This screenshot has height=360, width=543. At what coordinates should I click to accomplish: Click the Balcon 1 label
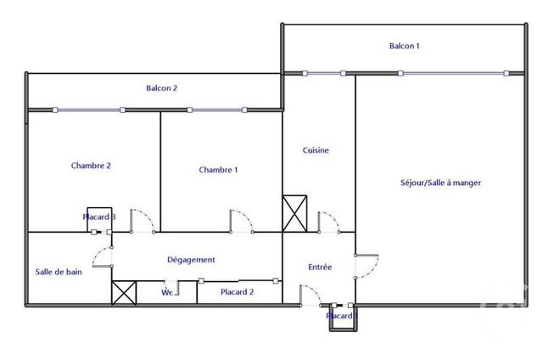(x=404, y=46)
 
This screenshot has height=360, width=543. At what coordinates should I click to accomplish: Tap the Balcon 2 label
(x=161, y=87)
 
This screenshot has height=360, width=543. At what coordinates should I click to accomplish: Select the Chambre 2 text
(x=91, y=166)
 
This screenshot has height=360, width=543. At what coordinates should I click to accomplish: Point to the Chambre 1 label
(x=218, y=170)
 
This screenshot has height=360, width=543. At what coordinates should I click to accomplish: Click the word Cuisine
(x=316, y=150)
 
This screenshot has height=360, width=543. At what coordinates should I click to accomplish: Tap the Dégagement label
(x=191, y=260)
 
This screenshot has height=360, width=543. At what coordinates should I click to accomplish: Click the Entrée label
(x=319, y=267)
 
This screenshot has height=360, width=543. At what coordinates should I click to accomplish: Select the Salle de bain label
(x=59, y=272)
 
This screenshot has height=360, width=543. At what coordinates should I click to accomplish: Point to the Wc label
(x=168, y=293)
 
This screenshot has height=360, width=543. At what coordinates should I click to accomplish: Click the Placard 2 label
(x=237, y=292)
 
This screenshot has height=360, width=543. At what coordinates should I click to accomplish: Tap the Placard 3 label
(x=98, y=217)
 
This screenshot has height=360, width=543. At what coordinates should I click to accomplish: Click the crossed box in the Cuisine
(x=294, y=213)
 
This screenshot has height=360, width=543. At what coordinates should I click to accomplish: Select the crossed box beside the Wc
(x=124, y=292)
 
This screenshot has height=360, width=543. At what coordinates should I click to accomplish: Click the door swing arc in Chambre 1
(x=243, y=220)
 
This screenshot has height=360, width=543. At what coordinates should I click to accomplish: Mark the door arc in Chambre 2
(x=143, y=220)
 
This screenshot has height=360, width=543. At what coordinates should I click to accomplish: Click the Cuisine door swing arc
(x=329, y=220)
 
